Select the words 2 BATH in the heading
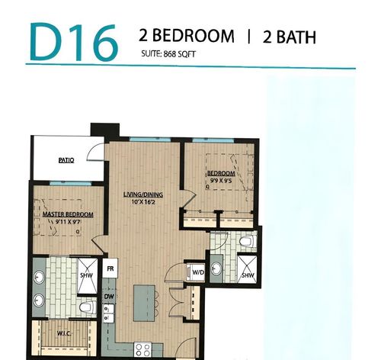tap(289, 36)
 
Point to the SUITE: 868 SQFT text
tap(169, 54)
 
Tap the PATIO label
tap(66, 160)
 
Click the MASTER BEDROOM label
tap(68, 214)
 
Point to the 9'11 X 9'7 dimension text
tap(68, 222)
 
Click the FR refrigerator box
tap(110, 268)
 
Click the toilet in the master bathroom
tap(86, 308)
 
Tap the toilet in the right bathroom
tap(245, 242)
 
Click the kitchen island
tap(142, 303)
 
